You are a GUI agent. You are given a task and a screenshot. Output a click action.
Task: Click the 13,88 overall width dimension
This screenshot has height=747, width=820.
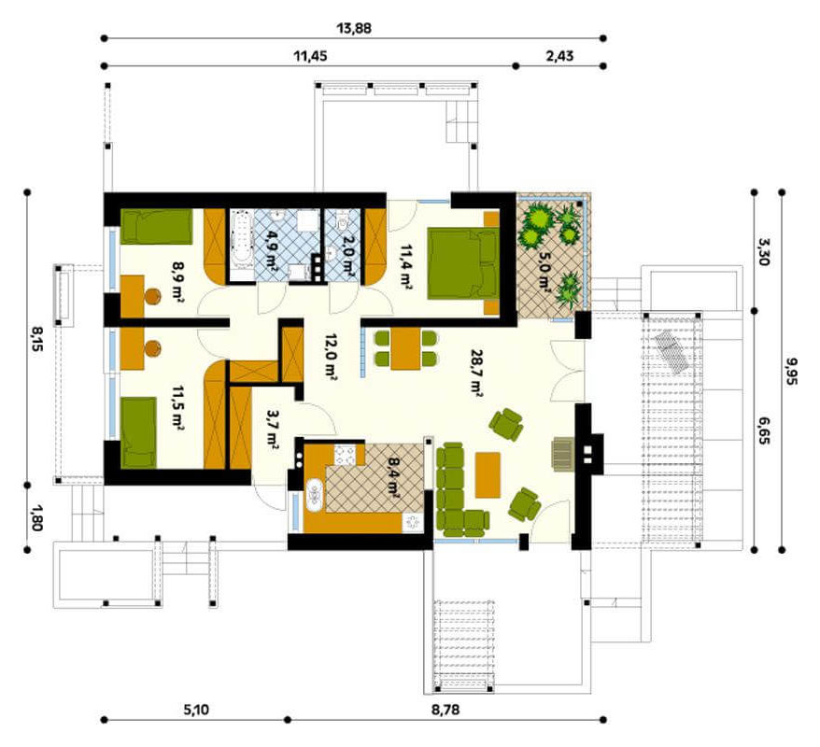click(x=354, y=28)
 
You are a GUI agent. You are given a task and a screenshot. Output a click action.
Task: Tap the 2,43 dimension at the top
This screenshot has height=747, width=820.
click(x=559, y=56)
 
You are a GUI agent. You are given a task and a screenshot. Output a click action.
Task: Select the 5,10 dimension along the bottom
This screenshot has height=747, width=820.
click(x=196, y=710)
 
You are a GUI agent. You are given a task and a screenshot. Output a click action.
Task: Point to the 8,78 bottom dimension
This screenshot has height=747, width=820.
click(x=445, y=710)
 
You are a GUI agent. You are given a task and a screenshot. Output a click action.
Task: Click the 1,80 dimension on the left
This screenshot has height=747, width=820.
click(x=36, y=517)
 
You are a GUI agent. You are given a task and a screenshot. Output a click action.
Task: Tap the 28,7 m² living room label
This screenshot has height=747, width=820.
click(x=476, y=373)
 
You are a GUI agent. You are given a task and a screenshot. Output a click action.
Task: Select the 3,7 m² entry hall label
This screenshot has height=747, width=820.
click(x=272, y=430)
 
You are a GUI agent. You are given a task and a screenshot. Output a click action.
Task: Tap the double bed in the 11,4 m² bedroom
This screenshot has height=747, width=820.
click(x=463, y=263)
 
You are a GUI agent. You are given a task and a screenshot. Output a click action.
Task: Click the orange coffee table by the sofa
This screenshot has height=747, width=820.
click(x=488, y=474)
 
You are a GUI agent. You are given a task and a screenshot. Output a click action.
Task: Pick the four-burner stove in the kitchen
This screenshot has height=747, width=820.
click(x=346, y=454)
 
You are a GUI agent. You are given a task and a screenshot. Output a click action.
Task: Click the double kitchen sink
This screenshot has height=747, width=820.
click(x=316, y=495)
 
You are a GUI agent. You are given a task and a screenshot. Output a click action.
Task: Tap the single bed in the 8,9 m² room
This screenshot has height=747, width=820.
click(x=156, y=227)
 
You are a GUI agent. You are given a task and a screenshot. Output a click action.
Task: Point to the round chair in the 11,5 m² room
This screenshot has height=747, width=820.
click(x=152, y=348)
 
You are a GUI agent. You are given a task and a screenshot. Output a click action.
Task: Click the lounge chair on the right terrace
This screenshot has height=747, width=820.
click(x=672, y=352)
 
